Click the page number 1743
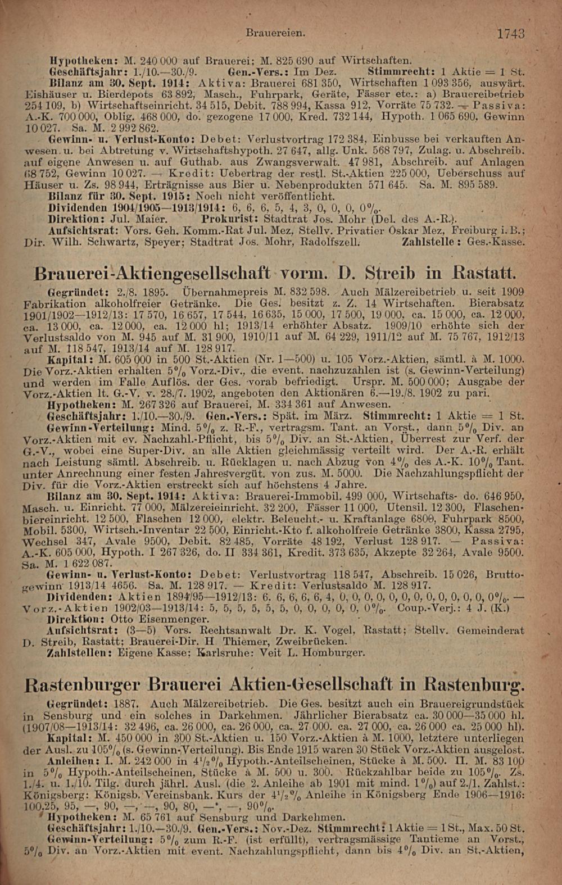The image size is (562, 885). (510, 34)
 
